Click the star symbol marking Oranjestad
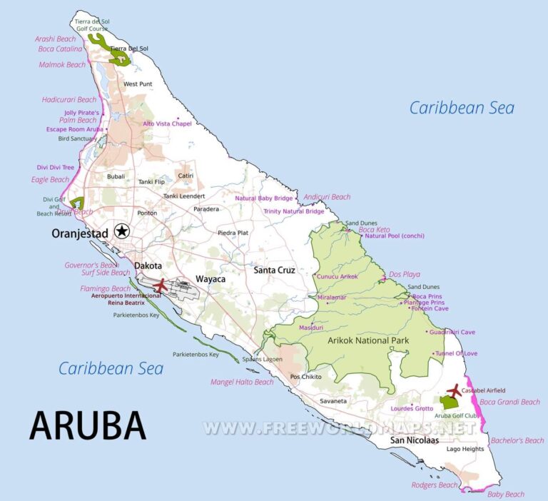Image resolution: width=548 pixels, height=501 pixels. click(x=122, y=231)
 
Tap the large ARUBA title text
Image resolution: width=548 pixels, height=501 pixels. click(x=88, y=425)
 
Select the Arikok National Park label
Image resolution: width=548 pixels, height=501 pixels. click(x=368, y=340)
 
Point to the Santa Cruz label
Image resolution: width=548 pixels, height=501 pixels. click(x=274, y=270)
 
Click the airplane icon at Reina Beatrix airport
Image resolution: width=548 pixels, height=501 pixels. click(x=160, y=285)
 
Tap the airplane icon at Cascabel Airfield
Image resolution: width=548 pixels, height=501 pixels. click(x=452, y=391)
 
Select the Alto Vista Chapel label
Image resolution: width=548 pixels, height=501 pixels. click(x=168, y=123)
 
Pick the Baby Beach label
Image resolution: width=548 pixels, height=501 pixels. click(x=505, y=494)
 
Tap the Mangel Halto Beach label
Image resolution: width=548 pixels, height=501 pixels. click(x=242, y=383)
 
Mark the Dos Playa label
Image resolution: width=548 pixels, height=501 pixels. click(x=405, y=274)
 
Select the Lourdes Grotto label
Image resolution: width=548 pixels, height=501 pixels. click(x=412, y=408)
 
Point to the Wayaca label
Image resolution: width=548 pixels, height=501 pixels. click(x=210, y=279)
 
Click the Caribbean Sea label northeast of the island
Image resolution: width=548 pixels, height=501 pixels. click(x=461, y=108)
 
